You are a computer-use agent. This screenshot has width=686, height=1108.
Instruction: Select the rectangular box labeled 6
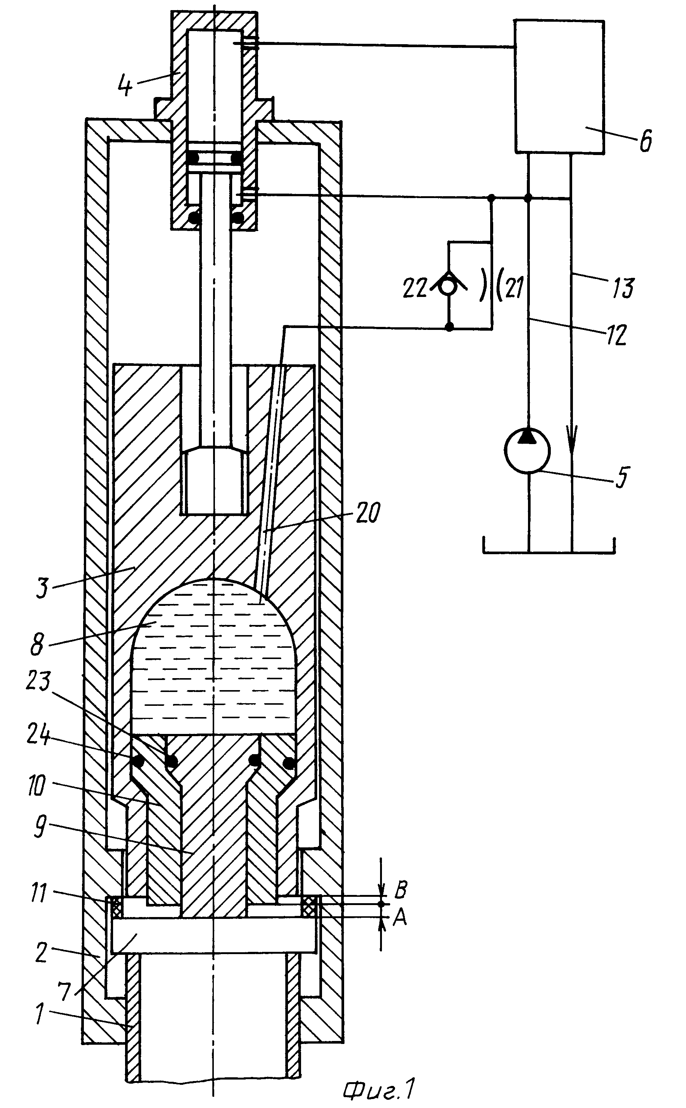559,86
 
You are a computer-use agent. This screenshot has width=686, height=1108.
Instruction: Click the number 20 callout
367,513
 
